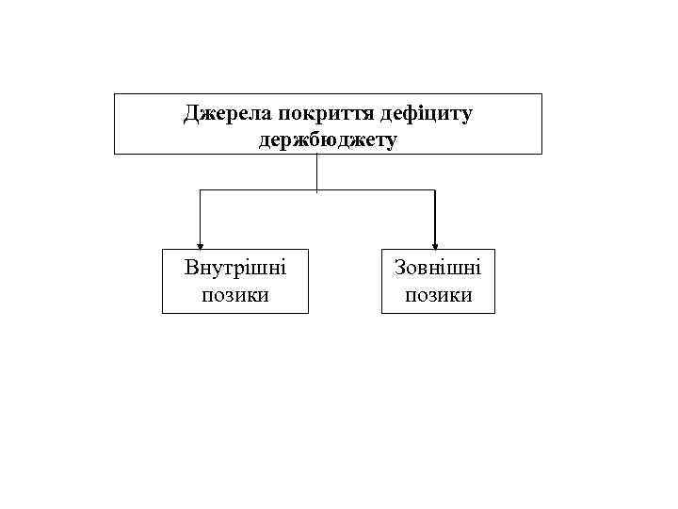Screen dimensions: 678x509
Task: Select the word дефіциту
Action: [427, 114]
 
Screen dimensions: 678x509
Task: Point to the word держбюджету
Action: [328, 140]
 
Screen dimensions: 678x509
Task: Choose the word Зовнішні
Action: [438, 268]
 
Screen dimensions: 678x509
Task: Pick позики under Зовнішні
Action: [438, 295]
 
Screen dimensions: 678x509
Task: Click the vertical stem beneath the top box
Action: [317, 172]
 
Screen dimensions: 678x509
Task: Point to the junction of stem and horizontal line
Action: [317, 190]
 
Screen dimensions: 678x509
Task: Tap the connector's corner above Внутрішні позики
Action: [200, 190]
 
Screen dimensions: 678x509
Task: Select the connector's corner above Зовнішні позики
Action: [435, 190]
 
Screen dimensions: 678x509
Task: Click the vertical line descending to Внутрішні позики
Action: [200, 217]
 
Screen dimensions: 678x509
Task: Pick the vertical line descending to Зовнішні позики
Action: [435, 217]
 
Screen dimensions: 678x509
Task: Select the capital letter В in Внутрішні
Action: [191, 268]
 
